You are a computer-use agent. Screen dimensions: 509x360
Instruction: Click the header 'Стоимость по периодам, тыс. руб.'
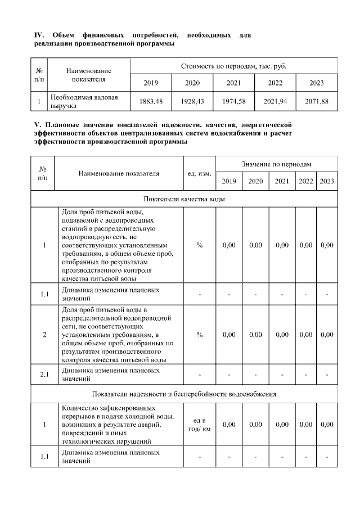[x=233, y=66]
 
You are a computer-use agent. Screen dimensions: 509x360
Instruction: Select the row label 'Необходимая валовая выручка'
[x=84, y=101]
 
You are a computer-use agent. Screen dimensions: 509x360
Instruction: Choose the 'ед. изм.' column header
[x=199, y=173]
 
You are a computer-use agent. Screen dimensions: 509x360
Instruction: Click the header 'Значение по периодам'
[x=277, y=163]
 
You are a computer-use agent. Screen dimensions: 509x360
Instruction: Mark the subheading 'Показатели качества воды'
[x=184, y=199]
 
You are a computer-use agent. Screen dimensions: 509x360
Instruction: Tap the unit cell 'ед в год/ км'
[x=199, y=425]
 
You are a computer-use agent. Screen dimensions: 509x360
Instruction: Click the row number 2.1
[x=44, y=375]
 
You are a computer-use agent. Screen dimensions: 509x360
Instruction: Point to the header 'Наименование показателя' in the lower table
[x=119, y=173]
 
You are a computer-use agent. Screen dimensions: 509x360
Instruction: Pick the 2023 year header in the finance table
[x=317, y=83]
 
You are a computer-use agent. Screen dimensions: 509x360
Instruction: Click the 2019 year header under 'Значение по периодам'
[x=229, y=181]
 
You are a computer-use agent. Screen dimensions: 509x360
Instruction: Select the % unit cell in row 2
[x=199, y=335]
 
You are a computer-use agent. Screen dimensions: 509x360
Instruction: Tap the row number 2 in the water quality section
[x=44, y=335]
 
